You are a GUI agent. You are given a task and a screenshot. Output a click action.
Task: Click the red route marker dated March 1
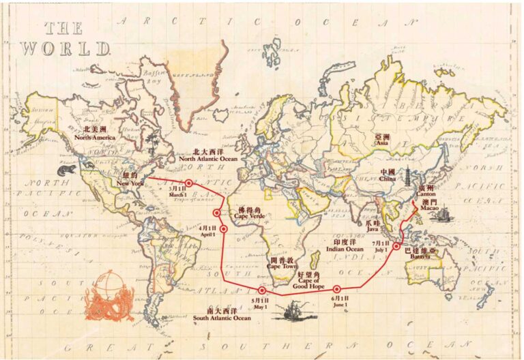click(x=188, y=183)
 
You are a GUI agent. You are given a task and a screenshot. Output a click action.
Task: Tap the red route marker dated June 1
click(x=336, y=289)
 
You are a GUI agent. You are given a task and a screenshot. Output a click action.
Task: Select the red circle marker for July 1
click(x=396, y=246)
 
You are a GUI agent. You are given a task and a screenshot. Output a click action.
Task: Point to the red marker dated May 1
click(x=262, y=290)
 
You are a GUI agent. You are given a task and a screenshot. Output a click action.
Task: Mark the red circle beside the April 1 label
click(x=222, y=229)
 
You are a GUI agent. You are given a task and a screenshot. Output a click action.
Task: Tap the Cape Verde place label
click(x=249, y=213)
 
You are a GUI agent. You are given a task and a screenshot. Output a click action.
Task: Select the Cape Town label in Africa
click(x=283, y=263)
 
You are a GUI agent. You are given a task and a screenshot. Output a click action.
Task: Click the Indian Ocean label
click(x=345, y=245)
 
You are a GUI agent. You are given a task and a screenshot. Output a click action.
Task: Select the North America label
click(x=96, y=133)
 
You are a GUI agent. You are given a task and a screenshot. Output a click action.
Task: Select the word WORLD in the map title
click(x=64, y=48)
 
